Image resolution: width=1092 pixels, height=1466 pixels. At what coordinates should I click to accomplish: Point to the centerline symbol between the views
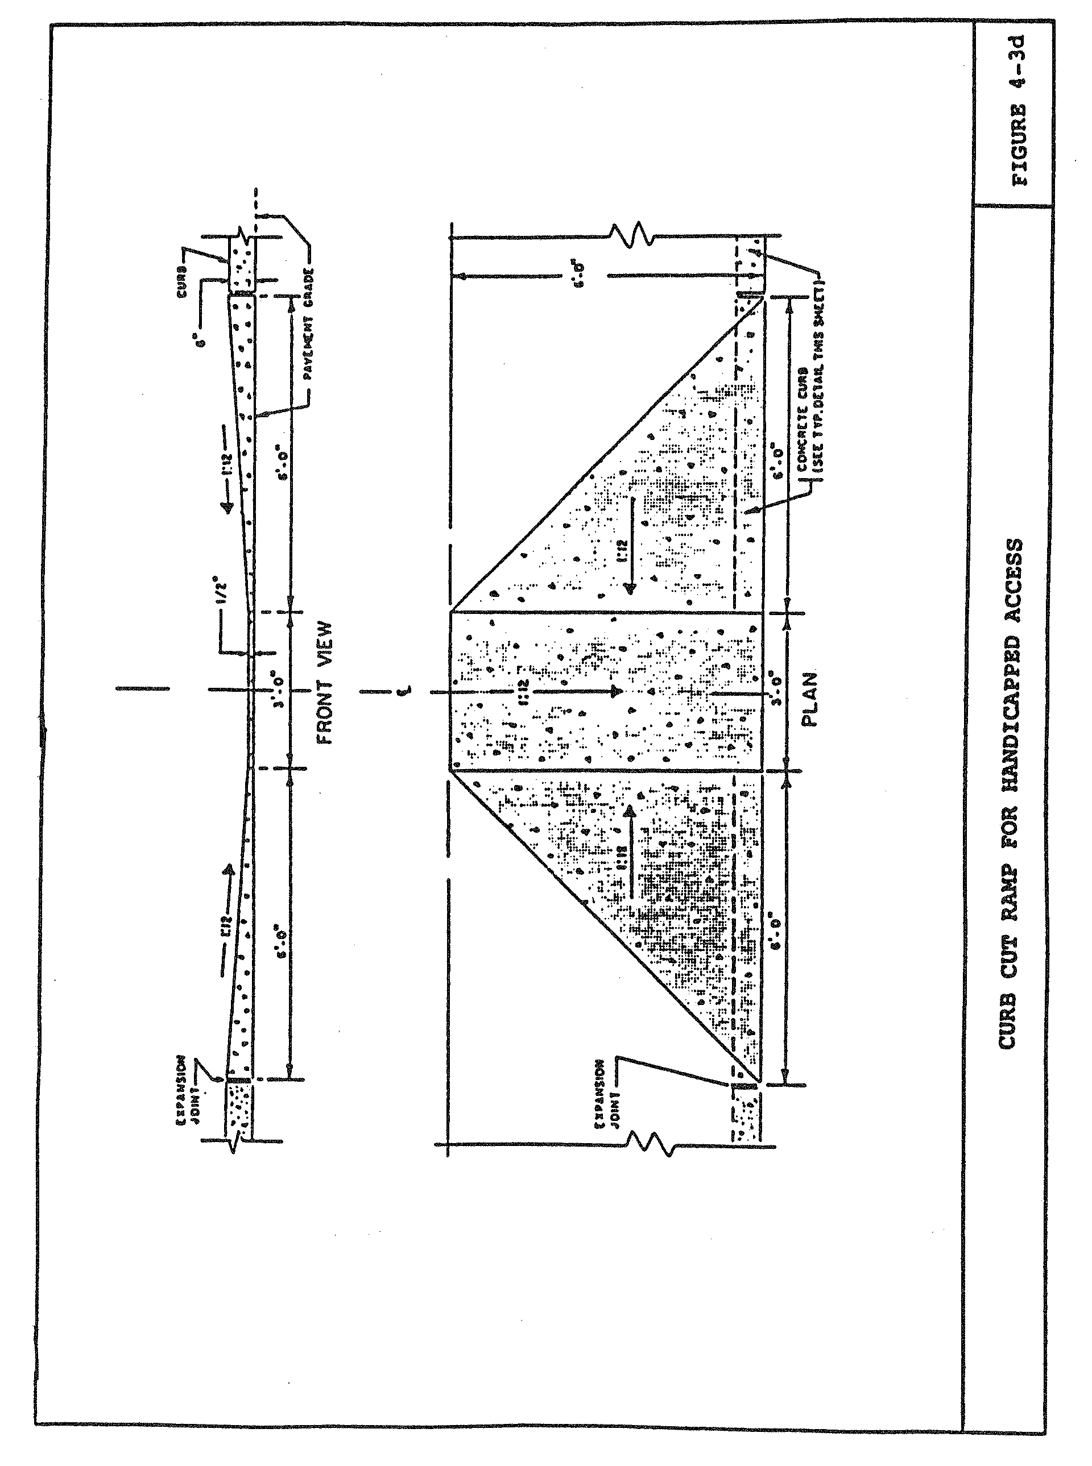(408, 691)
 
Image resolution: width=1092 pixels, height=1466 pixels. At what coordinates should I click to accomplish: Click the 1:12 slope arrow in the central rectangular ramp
(575, 692)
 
